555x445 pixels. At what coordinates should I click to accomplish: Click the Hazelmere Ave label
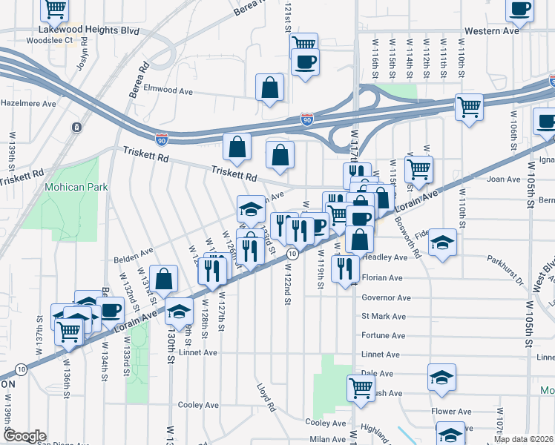(28, 104)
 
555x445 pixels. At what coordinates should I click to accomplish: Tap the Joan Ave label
(503, 179)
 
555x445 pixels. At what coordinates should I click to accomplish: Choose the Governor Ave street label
(386, 298)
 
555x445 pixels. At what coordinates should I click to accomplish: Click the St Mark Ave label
(383, 317)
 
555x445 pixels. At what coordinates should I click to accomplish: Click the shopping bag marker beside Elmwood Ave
(269, 87)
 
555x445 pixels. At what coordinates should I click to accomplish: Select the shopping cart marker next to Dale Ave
(361, 387)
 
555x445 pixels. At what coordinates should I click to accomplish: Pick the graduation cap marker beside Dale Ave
(441, 377)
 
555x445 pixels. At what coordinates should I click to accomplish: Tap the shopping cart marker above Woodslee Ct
(55, 9)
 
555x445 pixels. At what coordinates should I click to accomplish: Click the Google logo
(24, 436)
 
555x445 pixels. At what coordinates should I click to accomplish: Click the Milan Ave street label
(328, 440)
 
